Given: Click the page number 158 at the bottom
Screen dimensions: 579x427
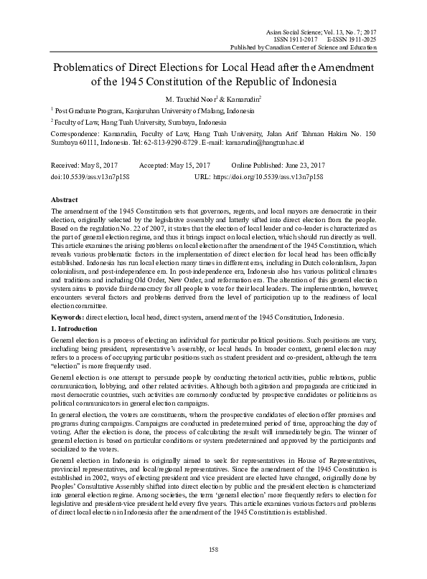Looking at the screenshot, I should (x=213, y=548).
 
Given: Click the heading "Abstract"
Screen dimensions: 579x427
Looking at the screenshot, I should (x=65, y=198).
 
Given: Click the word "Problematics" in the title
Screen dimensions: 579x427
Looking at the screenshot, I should (x=86, y=68).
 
